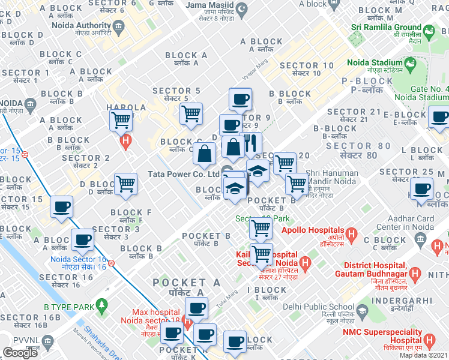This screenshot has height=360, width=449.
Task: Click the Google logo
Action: [20, 353]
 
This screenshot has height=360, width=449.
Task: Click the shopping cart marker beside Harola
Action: [121, 120]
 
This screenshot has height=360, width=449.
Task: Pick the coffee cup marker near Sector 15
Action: [61, 208]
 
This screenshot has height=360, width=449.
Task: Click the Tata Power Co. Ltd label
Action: [184, 174]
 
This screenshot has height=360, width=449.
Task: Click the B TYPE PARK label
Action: [69, 307]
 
